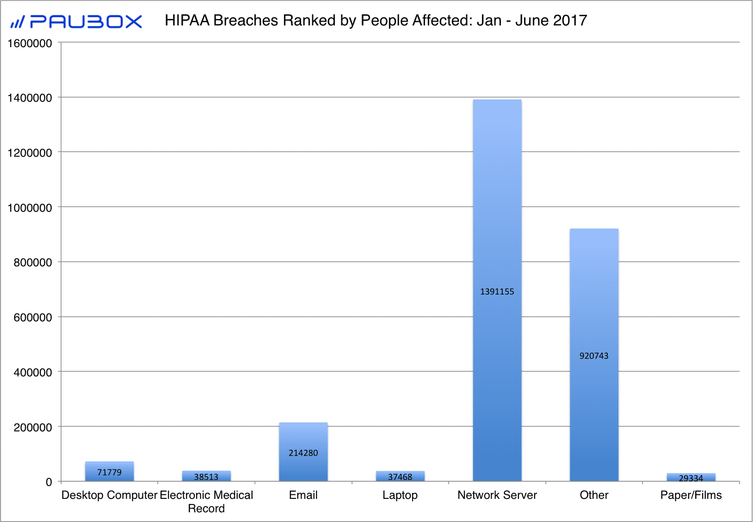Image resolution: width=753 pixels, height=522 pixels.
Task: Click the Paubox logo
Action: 77,21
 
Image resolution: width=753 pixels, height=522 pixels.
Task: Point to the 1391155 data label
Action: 497,292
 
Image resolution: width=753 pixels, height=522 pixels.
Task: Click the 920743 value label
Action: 594,356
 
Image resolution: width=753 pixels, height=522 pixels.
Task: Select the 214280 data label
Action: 303,453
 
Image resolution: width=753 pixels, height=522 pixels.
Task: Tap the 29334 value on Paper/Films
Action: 691,478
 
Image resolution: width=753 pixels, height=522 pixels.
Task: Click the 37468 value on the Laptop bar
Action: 400,477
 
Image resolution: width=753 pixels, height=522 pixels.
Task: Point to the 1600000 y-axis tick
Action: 30,43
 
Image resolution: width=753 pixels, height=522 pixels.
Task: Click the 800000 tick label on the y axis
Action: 33,263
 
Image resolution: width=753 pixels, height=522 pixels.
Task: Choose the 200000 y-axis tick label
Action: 33,427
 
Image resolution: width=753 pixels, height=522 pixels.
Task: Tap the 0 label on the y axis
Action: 49,482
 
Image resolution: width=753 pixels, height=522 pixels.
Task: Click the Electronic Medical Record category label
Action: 206,502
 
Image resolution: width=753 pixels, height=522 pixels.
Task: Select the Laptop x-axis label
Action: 400,495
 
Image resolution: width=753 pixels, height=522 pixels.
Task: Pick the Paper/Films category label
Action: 691,495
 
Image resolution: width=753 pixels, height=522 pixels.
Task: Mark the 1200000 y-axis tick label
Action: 30,153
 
